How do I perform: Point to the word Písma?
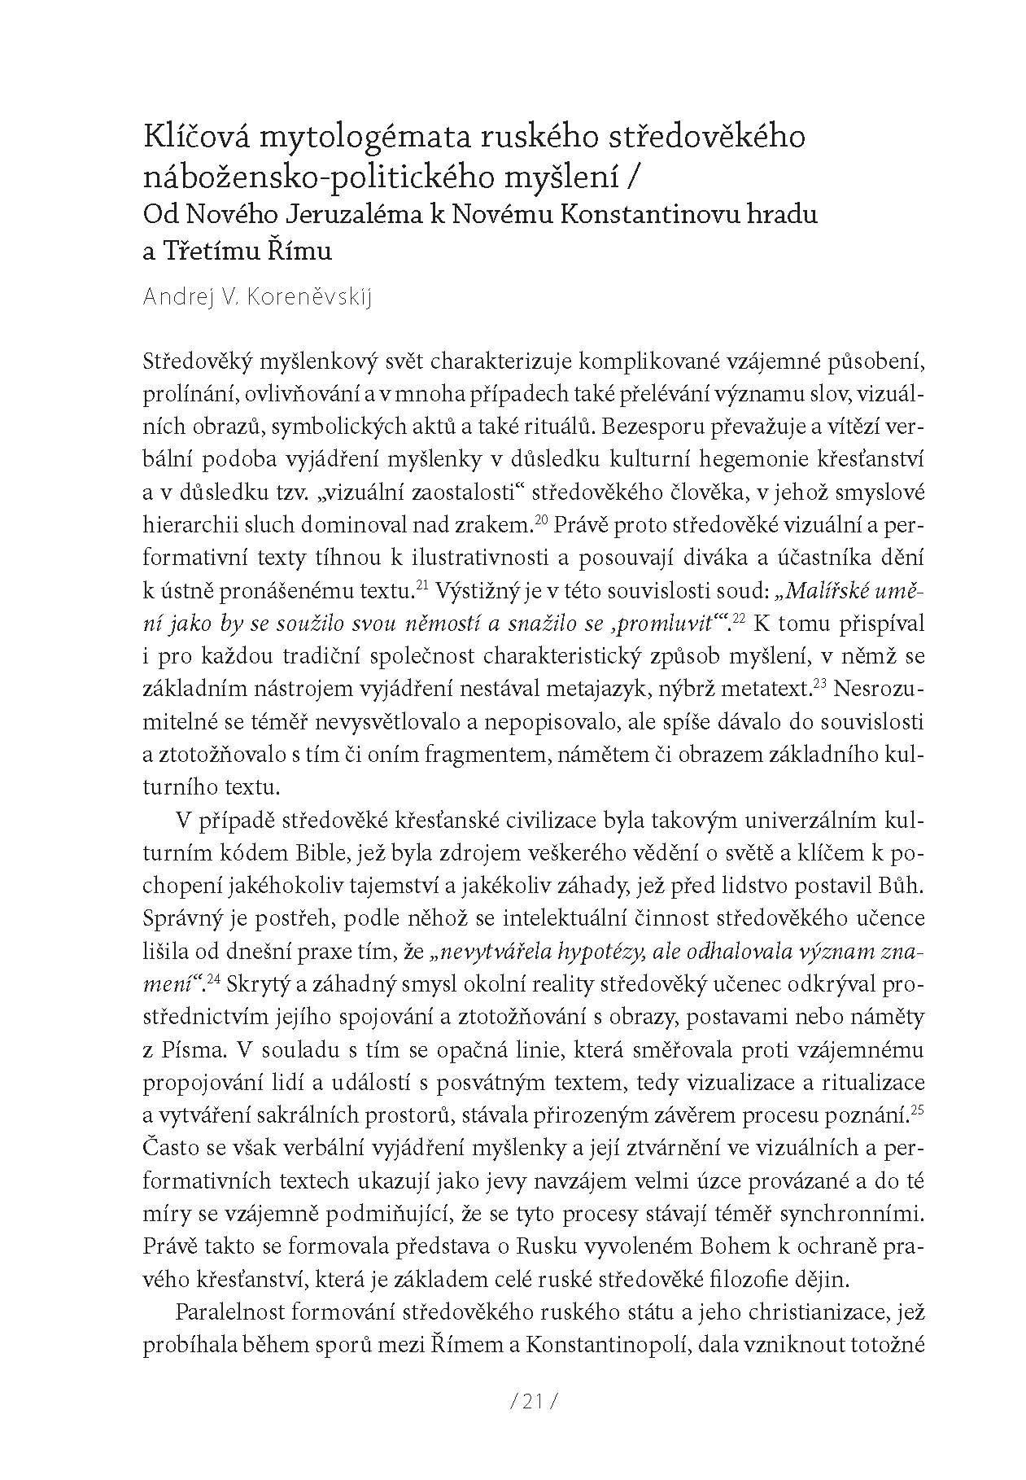[188, 1050]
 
